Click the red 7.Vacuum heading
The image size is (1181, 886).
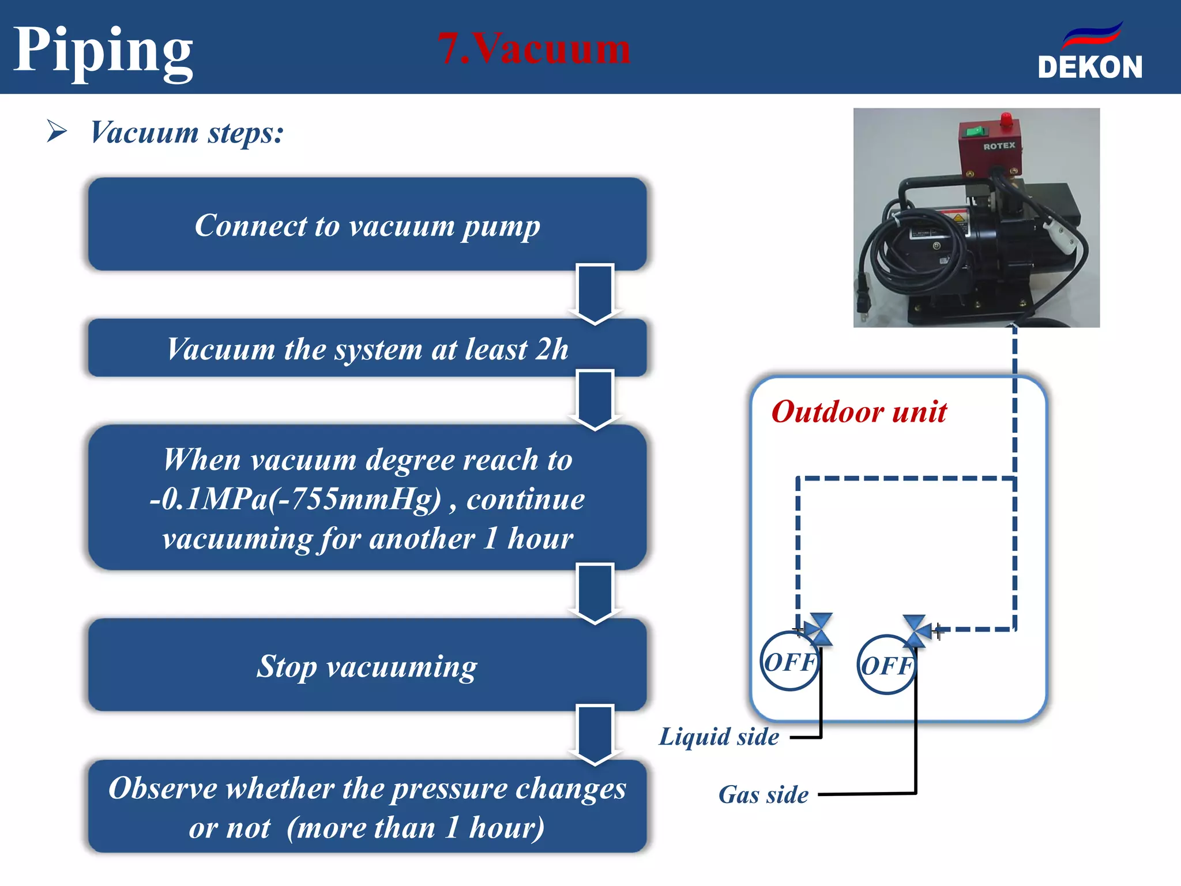pos(534,48)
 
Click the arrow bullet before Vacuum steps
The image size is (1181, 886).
pos(57,131)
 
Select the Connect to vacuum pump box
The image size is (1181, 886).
pos(367,224)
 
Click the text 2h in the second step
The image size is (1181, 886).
pos(551,349)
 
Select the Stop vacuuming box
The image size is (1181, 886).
pos(367,666)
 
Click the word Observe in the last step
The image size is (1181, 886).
pos(163,788)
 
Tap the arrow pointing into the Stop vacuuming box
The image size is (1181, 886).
pos(595,594)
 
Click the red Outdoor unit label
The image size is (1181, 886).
pos(859,412)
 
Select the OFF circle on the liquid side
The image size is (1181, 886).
pos(789,662)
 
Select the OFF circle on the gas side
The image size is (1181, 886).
pos(886,665)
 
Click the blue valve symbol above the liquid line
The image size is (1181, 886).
pos(819,629)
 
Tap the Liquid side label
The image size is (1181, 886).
pos(719,737)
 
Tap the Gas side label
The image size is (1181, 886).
pos(763,795)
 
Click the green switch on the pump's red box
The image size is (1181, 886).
pos(975,132)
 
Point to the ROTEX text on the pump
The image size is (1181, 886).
pos(999,146)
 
